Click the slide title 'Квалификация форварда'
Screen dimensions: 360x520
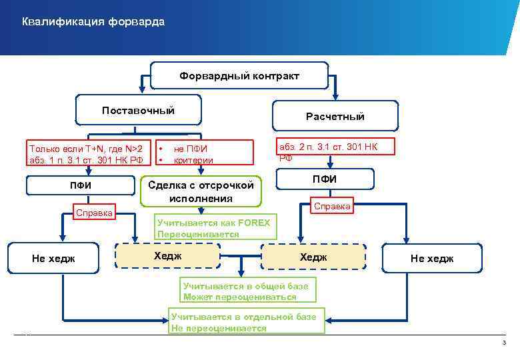point(93,23)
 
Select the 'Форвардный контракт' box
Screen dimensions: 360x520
point(239,76)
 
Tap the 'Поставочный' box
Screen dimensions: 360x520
point(138,110)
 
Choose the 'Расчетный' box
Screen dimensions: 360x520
point(335,116)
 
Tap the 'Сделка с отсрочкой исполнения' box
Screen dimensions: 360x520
point(201,191)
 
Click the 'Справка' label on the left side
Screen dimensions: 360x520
point(93,214)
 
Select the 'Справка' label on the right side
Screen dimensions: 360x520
point(332,207)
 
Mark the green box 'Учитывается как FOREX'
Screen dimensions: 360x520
point(213,229)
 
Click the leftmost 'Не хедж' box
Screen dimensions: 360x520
point(54,258)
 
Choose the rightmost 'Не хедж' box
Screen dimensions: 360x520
point(431,259)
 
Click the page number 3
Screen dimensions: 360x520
point(504,343)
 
